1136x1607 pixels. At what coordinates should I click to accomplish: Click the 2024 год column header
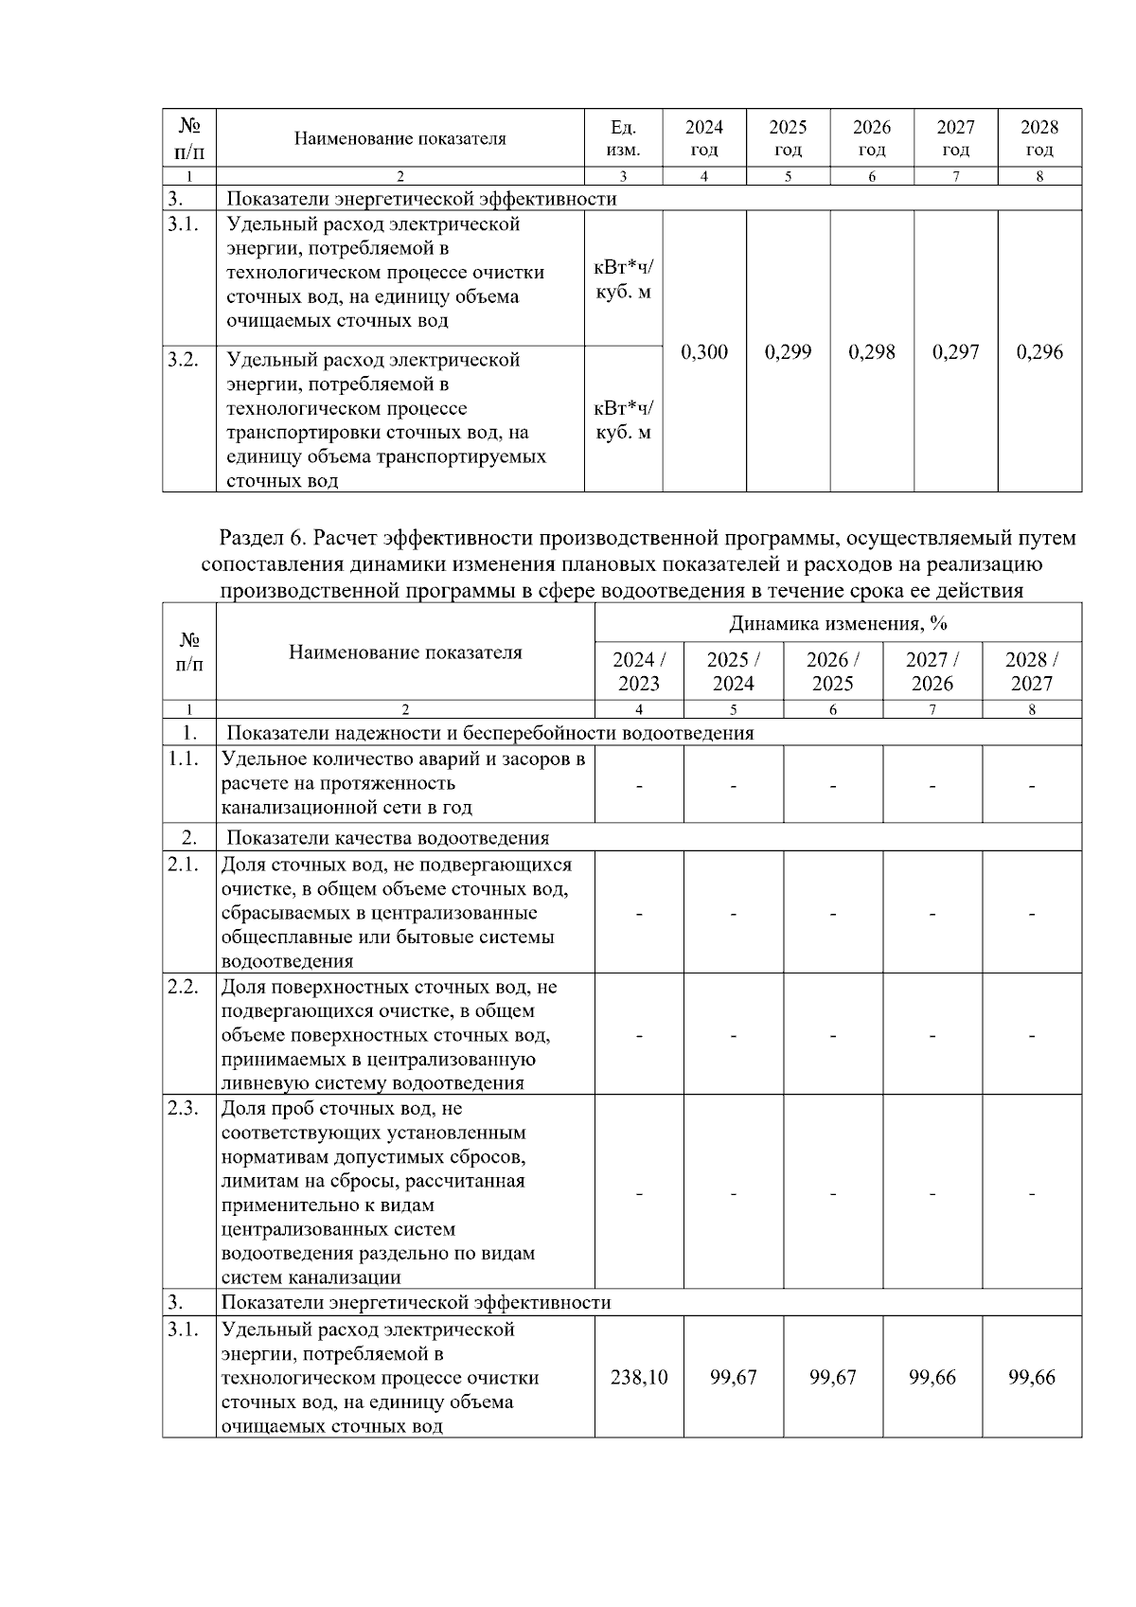click(703, 138)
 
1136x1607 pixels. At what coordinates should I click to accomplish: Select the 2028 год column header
click(1039, 138)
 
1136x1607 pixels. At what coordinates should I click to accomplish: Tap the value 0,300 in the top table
click(704, 352)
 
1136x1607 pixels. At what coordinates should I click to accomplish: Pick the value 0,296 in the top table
click(1039, 352)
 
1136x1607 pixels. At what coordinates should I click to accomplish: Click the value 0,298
click(872, 352)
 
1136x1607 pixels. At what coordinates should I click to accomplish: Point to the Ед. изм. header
click(623, 138)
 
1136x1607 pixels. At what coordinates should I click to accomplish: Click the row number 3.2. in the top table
click(184, 360)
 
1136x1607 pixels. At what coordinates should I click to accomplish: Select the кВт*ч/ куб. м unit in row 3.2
click(623, 420)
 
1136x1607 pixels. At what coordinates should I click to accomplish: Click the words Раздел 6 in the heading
click(263, 538)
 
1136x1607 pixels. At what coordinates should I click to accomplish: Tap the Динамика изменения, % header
click(838, 623)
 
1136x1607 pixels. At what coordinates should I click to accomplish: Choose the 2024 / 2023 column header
click(639, 671)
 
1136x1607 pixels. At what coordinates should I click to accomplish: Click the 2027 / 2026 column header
click(932, 671)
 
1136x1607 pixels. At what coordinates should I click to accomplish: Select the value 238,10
click(639, 1377)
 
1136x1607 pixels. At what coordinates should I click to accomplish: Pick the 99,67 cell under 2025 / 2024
click(734, 1377)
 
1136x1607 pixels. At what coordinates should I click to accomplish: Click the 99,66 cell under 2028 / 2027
click(1032, 1377)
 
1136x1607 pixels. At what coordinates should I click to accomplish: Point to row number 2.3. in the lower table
click(183, 1108)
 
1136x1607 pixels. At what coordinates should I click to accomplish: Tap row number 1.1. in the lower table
click(184, 759)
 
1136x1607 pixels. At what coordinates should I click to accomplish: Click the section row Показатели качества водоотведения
click(387, 838)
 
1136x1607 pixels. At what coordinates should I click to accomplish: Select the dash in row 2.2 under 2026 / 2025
click(833, 1036)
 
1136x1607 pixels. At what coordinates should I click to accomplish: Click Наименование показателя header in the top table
click(399, 138)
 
